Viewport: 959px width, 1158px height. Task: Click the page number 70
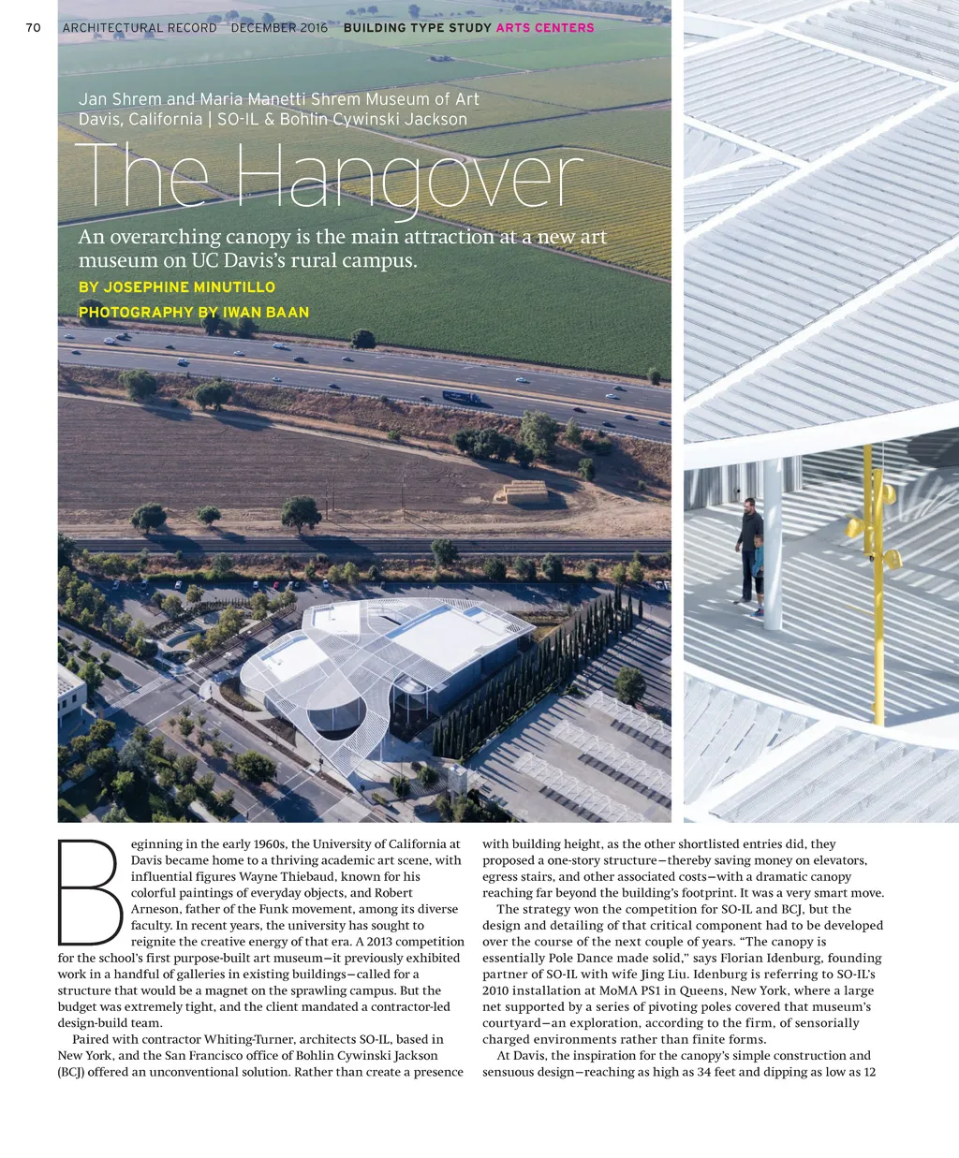(34, 28)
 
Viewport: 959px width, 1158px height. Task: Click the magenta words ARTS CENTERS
(545, 28)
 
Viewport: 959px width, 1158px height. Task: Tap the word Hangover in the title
(408, 178)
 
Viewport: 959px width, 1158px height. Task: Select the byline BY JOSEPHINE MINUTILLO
(177, 287)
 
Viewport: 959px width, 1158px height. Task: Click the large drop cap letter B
(87, 892)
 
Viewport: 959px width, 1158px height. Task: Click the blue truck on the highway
(462, 398)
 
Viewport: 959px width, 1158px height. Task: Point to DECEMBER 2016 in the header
(279, 28)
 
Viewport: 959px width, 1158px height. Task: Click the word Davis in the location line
(100, 120)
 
